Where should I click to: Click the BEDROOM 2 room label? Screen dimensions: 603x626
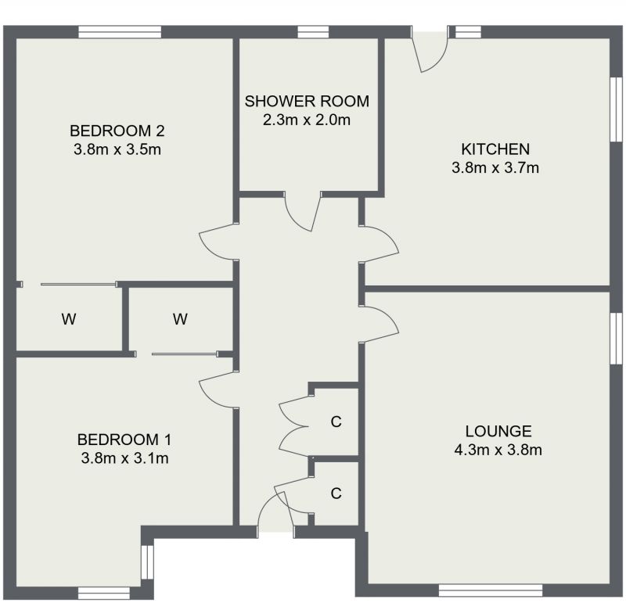(x=115, y=131)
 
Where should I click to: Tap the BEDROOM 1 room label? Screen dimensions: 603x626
(x=125, y=439)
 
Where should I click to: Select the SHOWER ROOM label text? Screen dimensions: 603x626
(x=307, y=101)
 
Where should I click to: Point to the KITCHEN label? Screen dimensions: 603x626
(x=495, y=149)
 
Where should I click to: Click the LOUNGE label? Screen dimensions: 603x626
(x=498, y=431)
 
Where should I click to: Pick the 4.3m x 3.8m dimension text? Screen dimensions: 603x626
(x=498, y=450)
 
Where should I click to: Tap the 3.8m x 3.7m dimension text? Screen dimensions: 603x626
(x=495, y=167)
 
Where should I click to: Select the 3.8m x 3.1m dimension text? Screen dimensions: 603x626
(x=125, y=458)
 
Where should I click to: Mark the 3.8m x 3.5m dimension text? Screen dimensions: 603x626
(x=115, y=149)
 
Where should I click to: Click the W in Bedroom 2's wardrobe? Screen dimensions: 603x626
(x=69, y=319)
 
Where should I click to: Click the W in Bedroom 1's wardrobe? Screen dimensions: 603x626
(x=181, y=319)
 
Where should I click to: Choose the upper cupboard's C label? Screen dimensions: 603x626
(x=336, y=422)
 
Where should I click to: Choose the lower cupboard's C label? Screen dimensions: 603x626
(x=336, y=494)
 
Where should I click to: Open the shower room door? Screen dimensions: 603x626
(x=303, y=211)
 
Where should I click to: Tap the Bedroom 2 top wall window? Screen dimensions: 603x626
(x=120, y=32)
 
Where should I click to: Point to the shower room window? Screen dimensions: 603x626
(x=313, y=32)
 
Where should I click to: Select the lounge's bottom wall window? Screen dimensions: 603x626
(x=491, y=587)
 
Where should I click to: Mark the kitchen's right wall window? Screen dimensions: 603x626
(x=616, y=109)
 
